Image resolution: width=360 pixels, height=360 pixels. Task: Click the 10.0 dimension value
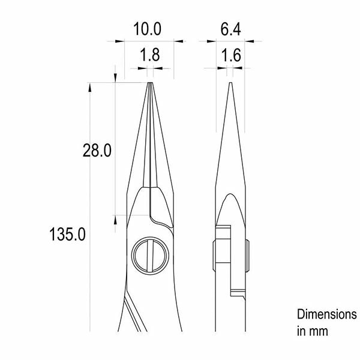pyautogui.click(x=147, y=29)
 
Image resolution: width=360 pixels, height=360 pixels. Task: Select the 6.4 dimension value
pyautogui.click(x=230, y=29)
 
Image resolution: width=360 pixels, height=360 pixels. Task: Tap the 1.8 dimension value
pyautogui.click(x=150, y=55)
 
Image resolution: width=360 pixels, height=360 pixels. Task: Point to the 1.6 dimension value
pyautogui.click(x=231, y=55)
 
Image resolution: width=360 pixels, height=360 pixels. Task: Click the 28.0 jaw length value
pyautogui.click(x=97, y=150)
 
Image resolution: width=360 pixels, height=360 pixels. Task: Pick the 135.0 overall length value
pyautogui.click(x=67, y=234)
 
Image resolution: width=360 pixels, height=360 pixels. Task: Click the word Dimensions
pyautogui.click(x=327, y=314)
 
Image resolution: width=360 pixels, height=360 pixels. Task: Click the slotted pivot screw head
pyautogui.click(x=150, y=256)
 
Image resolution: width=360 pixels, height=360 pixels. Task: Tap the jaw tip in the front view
pyautogui.click(x=150, y=83)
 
